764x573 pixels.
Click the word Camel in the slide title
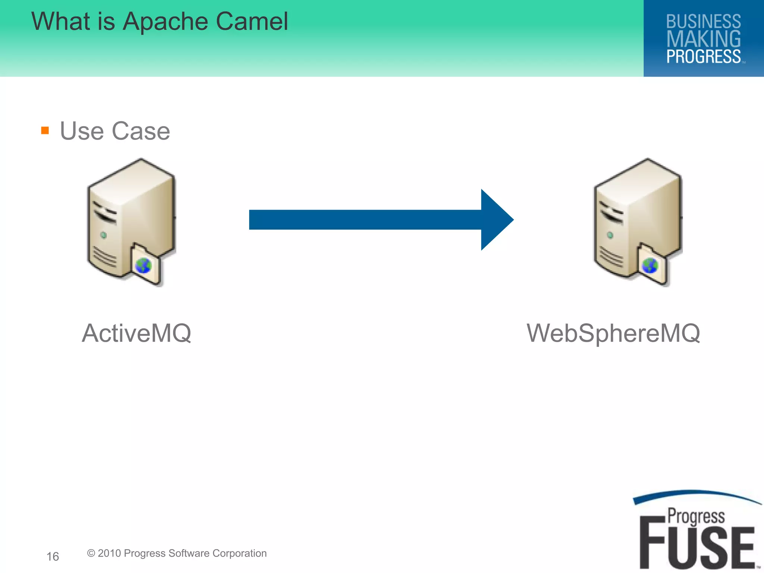252,21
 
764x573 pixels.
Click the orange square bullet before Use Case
45,130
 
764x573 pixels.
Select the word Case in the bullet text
141,131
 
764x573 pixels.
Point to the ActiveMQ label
137,333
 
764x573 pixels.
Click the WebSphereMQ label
613,333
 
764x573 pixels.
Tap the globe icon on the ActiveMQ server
143,266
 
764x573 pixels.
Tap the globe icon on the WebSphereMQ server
649,266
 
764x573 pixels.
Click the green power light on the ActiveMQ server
104,235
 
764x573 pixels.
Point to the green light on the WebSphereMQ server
610,235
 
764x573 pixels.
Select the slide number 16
53,557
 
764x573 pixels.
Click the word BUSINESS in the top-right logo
703,22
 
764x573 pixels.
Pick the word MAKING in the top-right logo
703,39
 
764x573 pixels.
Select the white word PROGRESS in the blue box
703,57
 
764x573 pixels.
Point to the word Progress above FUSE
696,517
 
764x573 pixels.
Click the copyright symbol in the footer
91,553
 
